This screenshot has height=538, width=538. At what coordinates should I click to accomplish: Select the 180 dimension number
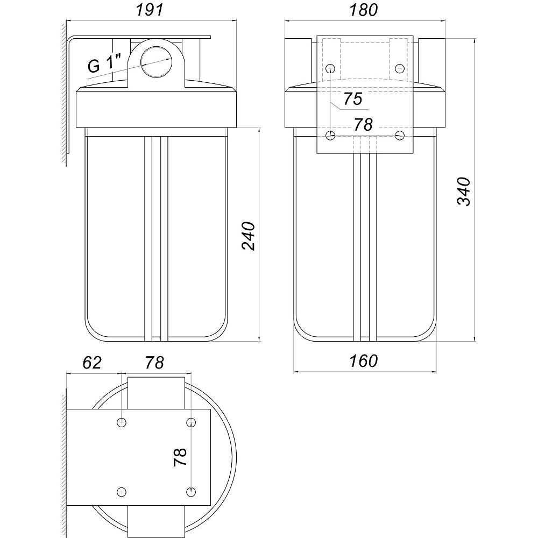pos(363,10)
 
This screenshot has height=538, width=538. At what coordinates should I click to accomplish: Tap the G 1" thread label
pos(106,65)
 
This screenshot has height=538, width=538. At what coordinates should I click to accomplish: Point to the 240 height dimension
pos(249,235)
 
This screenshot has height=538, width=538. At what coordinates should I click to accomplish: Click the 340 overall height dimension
pos(464,191)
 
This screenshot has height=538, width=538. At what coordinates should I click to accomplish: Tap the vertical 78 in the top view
pos(180,457)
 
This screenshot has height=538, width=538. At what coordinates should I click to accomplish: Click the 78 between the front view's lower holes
pos(363,124)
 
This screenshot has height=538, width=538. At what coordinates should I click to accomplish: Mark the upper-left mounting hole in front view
pos(331,68)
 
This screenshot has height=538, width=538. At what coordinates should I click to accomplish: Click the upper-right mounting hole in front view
pos(400,68)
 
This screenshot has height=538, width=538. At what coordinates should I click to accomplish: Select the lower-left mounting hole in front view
pos(331,134)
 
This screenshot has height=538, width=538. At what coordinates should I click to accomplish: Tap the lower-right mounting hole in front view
pos(400,134)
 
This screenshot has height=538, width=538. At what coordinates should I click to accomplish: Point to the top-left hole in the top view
pos(123,422)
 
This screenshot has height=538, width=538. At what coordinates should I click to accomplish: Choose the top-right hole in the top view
pos(190,422)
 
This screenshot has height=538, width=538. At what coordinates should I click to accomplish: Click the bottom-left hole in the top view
pos(123,491)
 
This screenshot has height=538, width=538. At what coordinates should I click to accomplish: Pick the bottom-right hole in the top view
pos(190,491)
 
